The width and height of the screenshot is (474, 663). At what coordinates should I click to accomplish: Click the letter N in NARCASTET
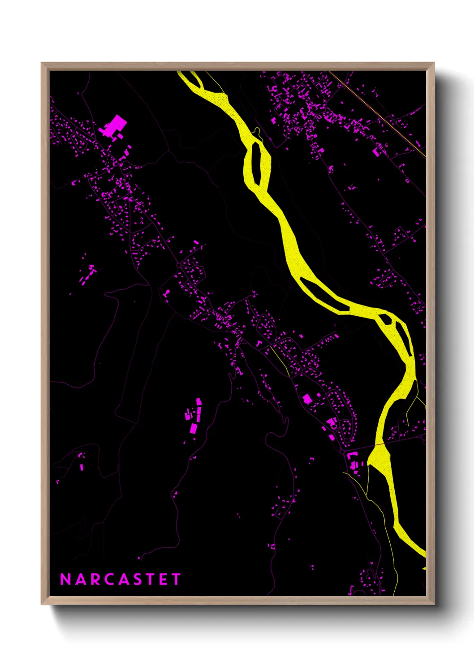[65, 579]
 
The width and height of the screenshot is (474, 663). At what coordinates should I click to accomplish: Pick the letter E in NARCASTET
[163, 579]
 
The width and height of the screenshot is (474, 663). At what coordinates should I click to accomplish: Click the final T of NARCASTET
[176, 579]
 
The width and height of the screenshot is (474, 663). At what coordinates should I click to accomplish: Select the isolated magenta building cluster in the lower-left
[193, 416]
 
